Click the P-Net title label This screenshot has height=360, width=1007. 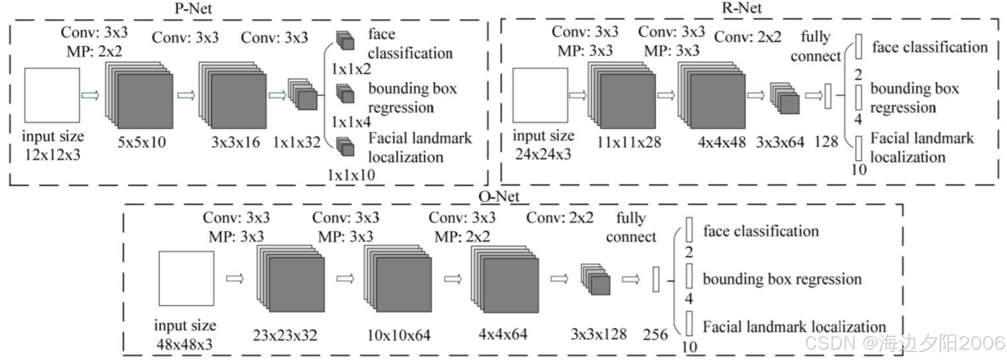pyautogui.click(x=193, y=9)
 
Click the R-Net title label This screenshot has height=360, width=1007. pyautogui.click(x=741, y=8)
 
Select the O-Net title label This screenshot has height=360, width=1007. pyautogui.click(x=499, y=196)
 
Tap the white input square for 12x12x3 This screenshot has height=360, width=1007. pyautogui.click(x=52, y=95)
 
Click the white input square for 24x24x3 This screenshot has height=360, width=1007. pyautogui.click(x=540, y=95)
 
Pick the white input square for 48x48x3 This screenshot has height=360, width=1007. pyautogui.click(x=186, y=278)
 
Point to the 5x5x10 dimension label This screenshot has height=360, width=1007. pyautogui.click(x=142, y=142)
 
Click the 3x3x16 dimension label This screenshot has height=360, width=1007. pyautogui.click(x=236, y=142)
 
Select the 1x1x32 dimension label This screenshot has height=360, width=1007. pyautogui.click(x=296, y=142)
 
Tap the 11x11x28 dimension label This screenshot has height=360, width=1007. pyautogui.click(x=629, y=142)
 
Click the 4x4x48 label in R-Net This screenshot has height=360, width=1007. pyautogui.click(x=722, y=142)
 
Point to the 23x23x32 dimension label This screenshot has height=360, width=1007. pyautogui.click(x=285, y=335)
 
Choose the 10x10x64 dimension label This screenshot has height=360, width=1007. pyautogui.click(x=399, y=335)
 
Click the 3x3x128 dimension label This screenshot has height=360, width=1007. pyautogui.click(x=598, y=334)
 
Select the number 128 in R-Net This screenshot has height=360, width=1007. pyautogui.click(x=826, y=142)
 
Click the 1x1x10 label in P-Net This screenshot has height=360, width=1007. pyautogui.click(x=351, y=175)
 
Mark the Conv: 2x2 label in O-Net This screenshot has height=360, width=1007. pyautogui.click(x=560, y=218)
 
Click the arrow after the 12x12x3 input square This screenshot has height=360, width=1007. pyautogui.click(x=90, y=95)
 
